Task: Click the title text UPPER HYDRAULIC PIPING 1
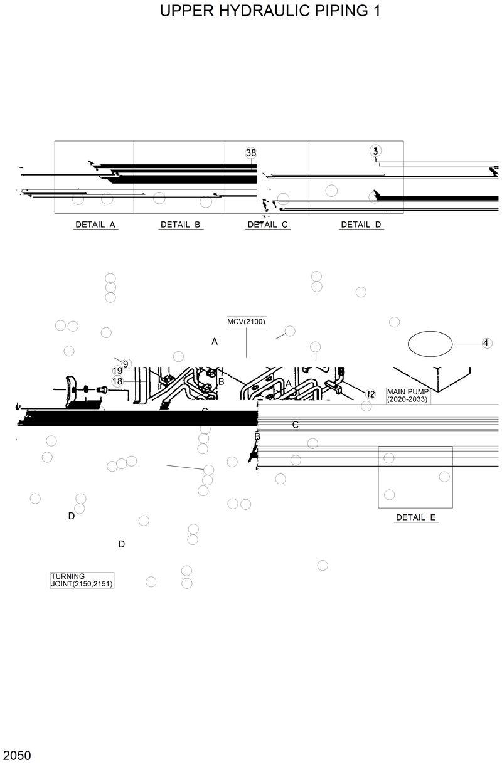point(270,11)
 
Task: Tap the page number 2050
point(16,754)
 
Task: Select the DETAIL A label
point(95,225)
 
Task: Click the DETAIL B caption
point(180,225)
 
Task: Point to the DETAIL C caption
point(267,225)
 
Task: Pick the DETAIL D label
point(361,225)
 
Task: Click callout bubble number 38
point(251,153)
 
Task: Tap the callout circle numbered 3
point(375,151)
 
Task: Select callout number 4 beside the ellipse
point(486,343)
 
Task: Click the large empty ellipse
point(430,344)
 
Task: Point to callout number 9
point(125,364)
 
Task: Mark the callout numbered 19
point(117,371)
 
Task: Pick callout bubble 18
point(117,381)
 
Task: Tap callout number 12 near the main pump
point(370,394)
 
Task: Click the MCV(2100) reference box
point(247,322)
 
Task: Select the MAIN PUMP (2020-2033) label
point(408,395)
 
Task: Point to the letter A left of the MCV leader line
point(215,342)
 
